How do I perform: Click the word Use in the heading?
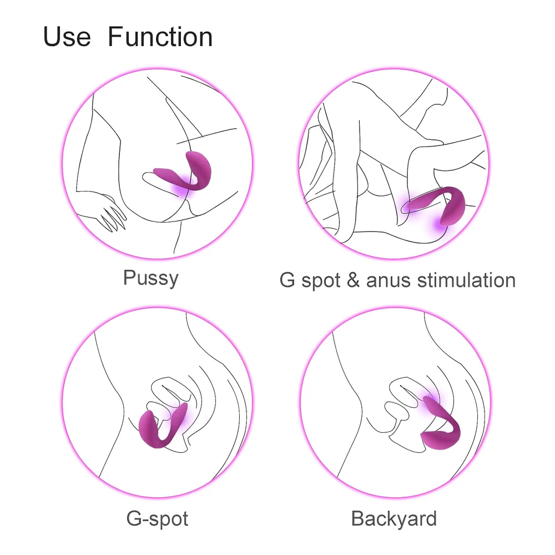coord(67,37)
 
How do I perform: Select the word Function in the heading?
coord(160,37)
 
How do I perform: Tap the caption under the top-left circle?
coord(151,278)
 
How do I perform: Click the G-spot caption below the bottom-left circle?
coord(157,519)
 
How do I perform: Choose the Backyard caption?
coord(394,519)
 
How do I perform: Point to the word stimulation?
coord(467,280)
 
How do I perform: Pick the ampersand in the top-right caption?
coord(353,280)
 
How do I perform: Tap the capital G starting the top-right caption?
coord(287,280)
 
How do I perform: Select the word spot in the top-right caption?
coord(321,282)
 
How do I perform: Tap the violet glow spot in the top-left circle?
coord(185,189)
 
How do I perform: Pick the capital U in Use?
coord(52,37)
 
